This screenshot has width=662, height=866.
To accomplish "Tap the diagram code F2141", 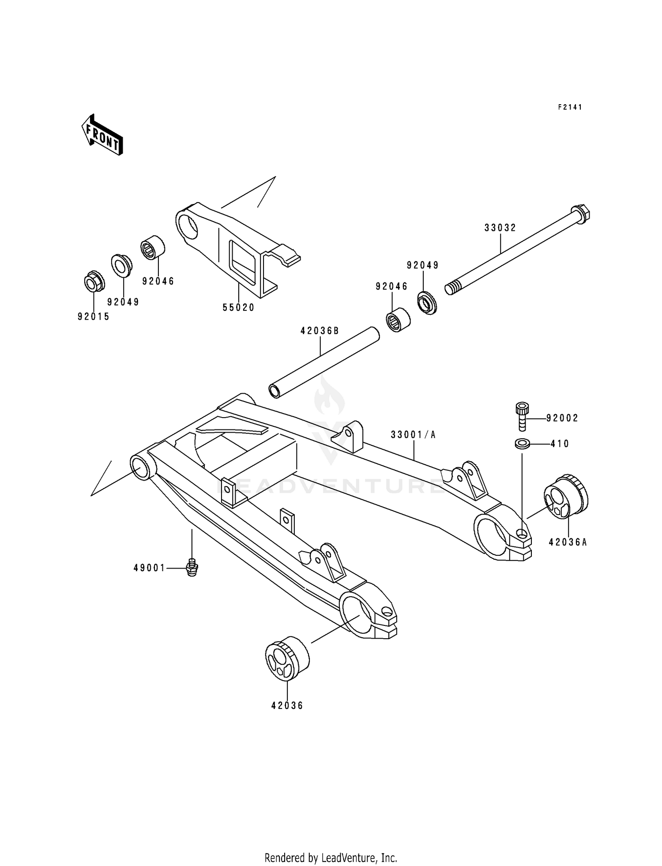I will (x=570, y=107).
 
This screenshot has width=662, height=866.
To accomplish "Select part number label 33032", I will (x=500, y=228).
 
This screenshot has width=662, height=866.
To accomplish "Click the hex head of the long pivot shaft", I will (x=582, y=213).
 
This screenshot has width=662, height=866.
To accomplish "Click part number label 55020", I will (x=238, y=308).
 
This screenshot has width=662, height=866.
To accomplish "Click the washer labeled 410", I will (x=523, y=443).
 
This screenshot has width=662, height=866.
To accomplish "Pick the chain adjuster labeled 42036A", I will (x=566, y=497).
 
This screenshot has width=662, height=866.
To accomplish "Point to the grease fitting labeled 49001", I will (x=192, y=567).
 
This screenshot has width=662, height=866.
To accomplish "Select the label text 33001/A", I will (x=413, y=435).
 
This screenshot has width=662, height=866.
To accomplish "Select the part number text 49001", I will (x=149, y=568).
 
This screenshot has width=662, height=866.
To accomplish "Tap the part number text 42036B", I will (x=320, y=331).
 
